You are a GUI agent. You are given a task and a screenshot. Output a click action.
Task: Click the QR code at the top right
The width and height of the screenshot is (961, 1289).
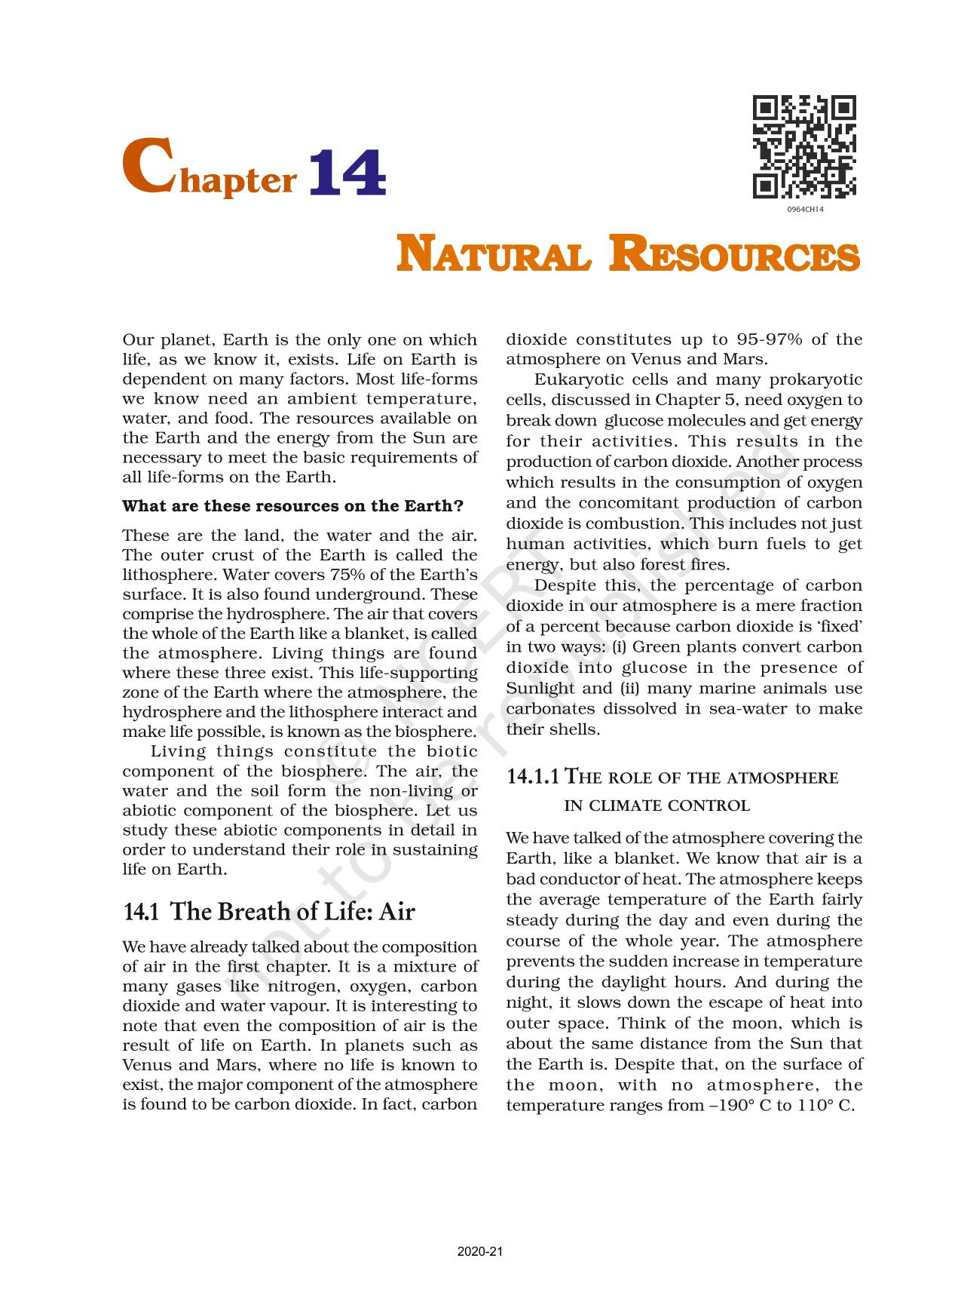(x=804, y=147)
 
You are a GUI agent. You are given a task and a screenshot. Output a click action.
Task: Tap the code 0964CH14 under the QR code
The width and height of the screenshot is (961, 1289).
(x=805, y=210)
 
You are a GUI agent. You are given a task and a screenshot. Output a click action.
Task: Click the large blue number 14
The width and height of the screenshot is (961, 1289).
(x=347, y=173)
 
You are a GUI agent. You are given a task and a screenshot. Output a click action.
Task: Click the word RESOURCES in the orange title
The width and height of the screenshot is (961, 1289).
(x=734, y=254)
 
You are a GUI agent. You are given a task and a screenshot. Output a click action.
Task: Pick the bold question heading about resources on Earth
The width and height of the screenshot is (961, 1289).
(x=292, y=506)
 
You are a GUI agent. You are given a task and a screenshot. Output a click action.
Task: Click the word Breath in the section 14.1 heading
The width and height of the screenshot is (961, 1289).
(x=255, y=912)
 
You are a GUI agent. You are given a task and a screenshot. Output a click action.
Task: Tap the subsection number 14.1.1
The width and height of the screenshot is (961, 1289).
(x=533, y=777)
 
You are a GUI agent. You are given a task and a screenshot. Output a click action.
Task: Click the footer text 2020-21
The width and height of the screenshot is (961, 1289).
(x=479, y=1252)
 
